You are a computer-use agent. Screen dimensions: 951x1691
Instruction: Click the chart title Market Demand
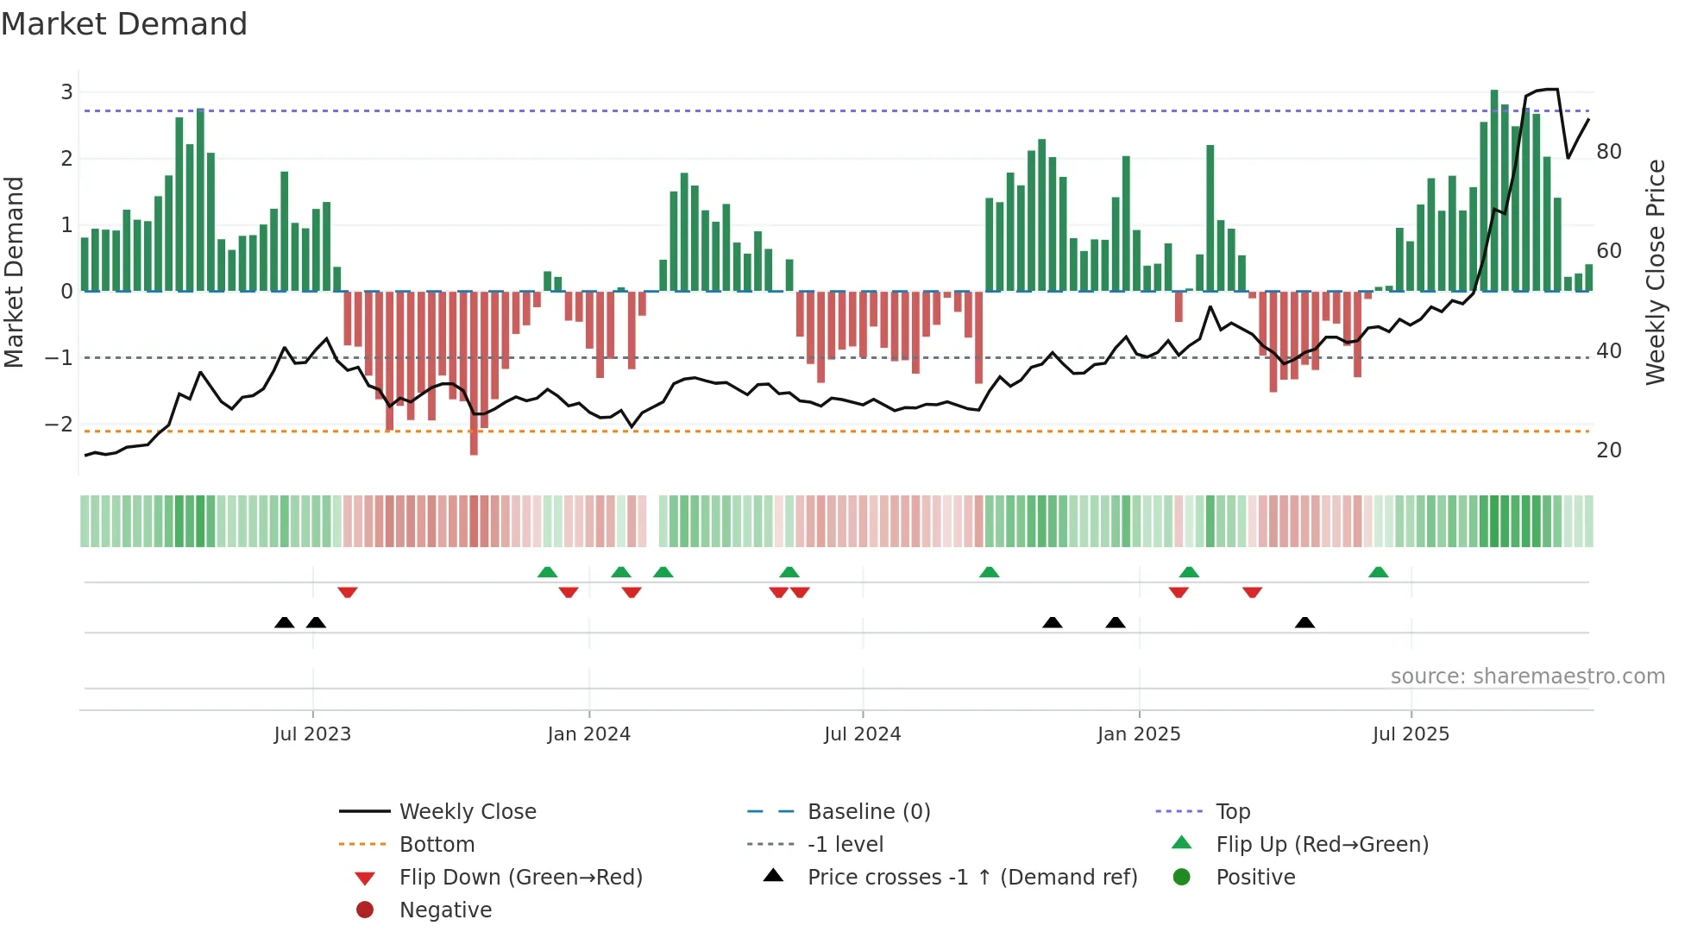tap(124, 24)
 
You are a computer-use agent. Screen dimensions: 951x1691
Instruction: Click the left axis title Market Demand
tap(15, 272)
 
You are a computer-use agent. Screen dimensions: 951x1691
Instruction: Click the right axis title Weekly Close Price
tap(1655, 272)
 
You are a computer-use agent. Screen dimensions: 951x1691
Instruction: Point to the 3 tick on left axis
tap(66, 91)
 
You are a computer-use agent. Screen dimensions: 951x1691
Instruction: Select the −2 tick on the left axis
tap(60, 424)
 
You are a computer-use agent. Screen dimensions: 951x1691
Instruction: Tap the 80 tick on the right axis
tap(1608, 152)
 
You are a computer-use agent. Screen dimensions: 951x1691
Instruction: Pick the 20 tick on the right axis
tap(1608, 450)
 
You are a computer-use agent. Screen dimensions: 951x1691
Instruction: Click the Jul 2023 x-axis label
tap(312, 734)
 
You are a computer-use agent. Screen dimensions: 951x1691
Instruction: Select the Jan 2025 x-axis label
tap(1138, 734)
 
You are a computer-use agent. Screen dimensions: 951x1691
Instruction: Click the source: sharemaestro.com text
tap(1527, 677)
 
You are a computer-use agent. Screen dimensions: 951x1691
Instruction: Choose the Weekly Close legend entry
tap(467, 812)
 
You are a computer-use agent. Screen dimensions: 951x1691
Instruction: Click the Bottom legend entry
tap(437, 845)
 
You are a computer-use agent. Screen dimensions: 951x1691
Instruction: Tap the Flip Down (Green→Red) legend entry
tap(520, 878)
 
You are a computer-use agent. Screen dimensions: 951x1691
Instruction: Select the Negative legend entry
tap(445, 910)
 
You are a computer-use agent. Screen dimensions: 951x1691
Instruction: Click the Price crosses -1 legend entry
tap(971, 878)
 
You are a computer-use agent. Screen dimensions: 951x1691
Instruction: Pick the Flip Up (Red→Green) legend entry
tap(1322, 845)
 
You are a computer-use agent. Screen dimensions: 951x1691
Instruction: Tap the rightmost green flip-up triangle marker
tap(1378, 572)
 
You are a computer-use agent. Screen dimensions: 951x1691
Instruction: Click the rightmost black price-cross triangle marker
tap(1304, 623)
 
